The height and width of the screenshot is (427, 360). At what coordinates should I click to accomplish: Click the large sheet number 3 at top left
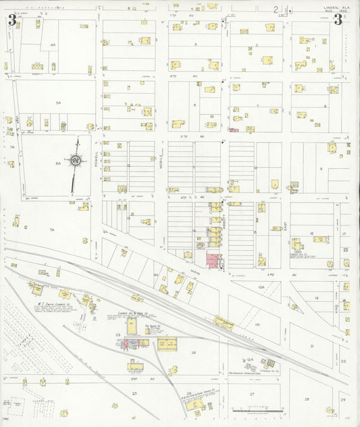click(x=12, y=20)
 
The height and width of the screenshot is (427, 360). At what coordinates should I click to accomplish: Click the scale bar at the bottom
click(x=253, y=409)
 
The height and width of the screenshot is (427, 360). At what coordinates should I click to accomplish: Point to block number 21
click(x=313, y=345)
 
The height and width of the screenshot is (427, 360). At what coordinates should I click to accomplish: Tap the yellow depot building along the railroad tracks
click(x=224, y=324)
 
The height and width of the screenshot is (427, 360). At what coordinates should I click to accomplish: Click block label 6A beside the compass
click(x=58, y=163)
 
